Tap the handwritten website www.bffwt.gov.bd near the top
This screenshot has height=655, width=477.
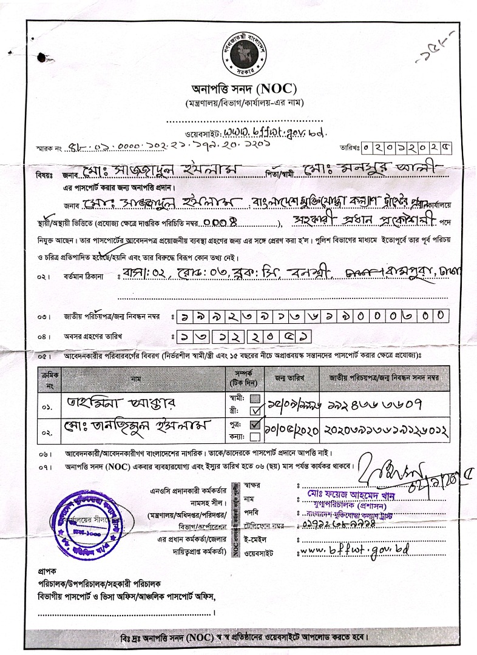pos(275,132)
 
